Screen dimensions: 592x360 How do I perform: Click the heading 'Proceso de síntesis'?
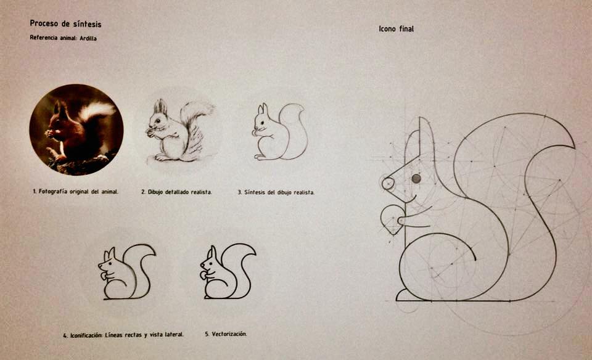(66, 24)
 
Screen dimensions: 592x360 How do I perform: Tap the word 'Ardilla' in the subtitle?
(88, 38)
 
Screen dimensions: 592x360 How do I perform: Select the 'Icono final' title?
(396, 29)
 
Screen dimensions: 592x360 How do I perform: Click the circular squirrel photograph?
(76, 129)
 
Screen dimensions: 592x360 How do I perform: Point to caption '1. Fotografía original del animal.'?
(75, 191)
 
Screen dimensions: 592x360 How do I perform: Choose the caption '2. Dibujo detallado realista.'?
(177, 192)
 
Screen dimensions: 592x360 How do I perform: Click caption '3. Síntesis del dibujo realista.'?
(276, 192)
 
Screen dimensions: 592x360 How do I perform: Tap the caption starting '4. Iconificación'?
(123, 335)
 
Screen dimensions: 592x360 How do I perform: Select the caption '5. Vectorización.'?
(226, 334)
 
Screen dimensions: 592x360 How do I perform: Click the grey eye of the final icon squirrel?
(416, 179)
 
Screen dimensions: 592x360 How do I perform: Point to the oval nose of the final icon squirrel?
(388, 184)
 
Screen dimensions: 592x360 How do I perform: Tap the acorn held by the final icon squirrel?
(392, 219)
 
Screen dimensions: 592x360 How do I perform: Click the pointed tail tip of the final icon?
(573, 147)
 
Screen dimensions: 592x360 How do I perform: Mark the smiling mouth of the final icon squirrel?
(411, 199)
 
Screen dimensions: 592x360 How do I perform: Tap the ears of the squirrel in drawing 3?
(263, 109)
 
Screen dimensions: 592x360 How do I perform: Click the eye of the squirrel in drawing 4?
(110, 263)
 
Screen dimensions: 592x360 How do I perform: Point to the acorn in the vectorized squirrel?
(203, 276)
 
